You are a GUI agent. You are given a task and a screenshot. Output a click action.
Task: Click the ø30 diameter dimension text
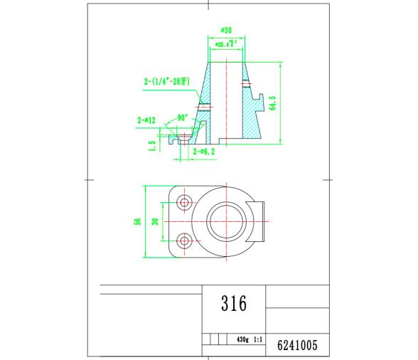click(227, 31)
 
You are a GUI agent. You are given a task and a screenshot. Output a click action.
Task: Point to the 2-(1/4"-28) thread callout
click(167, 82)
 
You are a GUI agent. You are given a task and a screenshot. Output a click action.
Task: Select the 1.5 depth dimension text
click(152, 145)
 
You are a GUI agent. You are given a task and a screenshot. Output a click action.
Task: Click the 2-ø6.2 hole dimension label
click(203, 152)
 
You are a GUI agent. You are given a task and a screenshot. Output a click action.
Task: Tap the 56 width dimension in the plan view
click(137, 222)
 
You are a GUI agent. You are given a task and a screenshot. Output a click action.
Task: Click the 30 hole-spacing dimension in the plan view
click(155, 222)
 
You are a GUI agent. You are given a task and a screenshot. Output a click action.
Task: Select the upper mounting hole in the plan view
click(185, 203)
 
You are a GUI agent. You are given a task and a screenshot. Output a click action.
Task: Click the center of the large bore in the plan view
click(227, 222)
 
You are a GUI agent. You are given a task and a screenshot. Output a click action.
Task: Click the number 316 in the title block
click(233, 305)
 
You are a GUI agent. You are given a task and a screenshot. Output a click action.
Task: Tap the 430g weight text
click(243, 340)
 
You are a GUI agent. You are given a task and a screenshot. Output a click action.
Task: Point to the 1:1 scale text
click(258, 340)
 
